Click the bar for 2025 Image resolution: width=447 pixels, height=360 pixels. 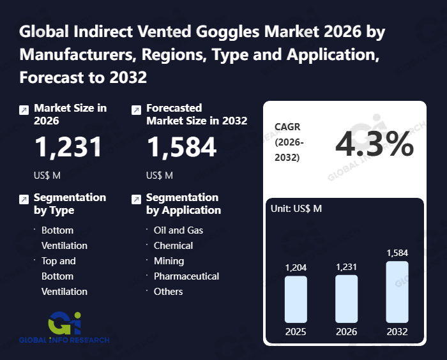click(296, 299)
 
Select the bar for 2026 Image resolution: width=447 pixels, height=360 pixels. click(346, 299)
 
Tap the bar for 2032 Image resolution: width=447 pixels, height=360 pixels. click(397, 292)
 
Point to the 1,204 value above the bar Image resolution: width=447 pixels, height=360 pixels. click(296, 267)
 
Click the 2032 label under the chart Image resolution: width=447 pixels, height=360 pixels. click(397, 332)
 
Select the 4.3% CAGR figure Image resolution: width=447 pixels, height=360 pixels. click(374, 146)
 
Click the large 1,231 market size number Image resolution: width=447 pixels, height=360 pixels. click(68, 147)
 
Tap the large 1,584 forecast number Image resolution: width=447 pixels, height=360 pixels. click(182, 147)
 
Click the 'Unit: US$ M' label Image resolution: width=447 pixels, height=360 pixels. click(296, 209)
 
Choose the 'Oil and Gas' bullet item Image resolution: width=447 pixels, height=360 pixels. click(178, 230)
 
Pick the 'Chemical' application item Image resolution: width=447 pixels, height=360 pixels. click(173, 245)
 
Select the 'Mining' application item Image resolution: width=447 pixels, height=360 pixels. click(169, 260)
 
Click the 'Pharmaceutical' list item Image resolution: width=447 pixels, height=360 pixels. click(186, 276)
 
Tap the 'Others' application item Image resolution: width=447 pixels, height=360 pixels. click(168, 291)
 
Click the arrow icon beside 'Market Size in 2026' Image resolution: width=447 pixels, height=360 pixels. click(24, 110)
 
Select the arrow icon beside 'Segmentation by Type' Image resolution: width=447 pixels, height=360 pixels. click(24, 199)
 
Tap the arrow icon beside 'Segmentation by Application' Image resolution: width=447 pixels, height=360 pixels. click(135, 199)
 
